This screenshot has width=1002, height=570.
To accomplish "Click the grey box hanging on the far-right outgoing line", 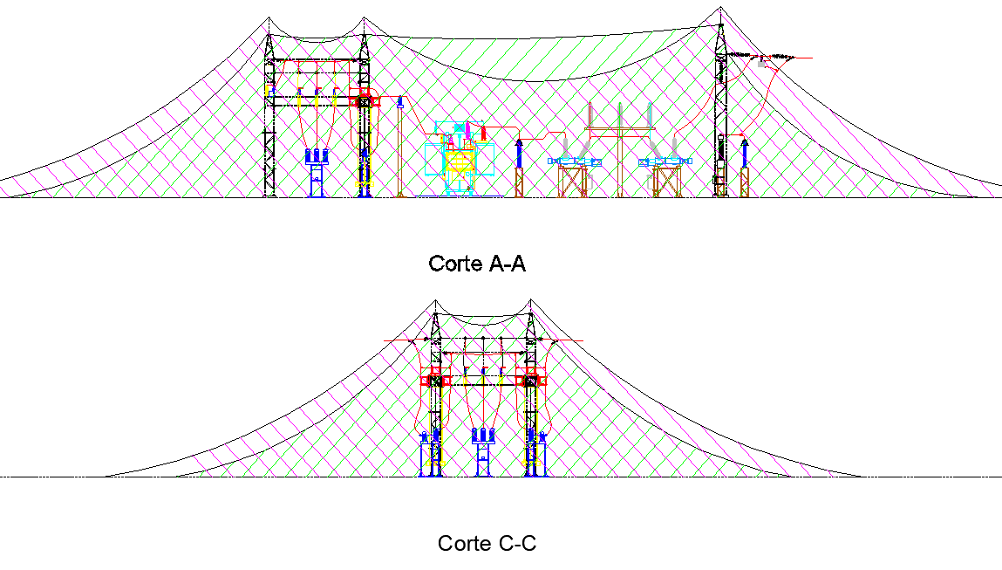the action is click(762, 62).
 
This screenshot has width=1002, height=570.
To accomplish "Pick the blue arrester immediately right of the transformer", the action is click(519, 153).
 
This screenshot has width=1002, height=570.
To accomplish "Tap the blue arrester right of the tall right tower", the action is click(744, 152).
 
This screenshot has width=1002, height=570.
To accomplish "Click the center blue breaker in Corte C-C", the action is click(481, 450).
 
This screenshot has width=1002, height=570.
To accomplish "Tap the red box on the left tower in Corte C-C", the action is click(434, 380).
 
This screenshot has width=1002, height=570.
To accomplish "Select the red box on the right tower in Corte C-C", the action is click(530, 380).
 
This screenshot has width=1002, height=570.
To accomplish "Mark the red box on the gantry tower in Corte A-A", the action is click(364, 100).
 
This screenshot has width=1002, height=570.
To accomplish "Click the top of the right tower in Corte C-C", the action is click(529, 301).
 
